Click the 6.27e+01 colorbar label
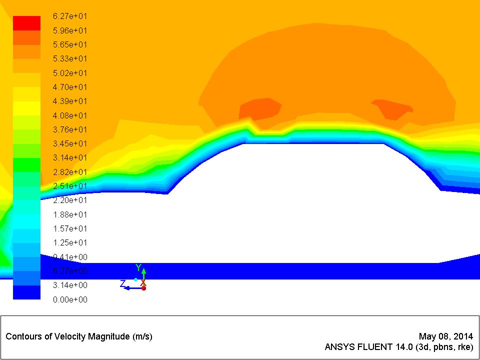pos(70,16)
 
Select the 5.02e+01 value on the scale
pos(70,72)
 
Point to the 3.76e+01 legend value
pos(70,129)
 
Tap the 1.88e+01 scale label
pos(70,214)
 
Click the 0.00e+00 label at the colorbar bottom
pos(70,299)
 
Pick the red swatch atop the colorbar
pos(26,23)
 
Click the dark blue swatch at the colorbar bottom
pos(26,292)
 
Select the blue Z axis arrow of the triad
pos(131,288)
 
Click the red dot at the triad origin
pos(143,288)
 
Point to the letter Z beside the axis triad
pos(122,283)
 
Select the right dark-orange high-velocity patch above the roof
pos(392,108)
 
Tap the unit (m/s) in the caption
pos(142,336)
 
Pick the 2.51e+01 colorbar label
pos(70,186)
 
